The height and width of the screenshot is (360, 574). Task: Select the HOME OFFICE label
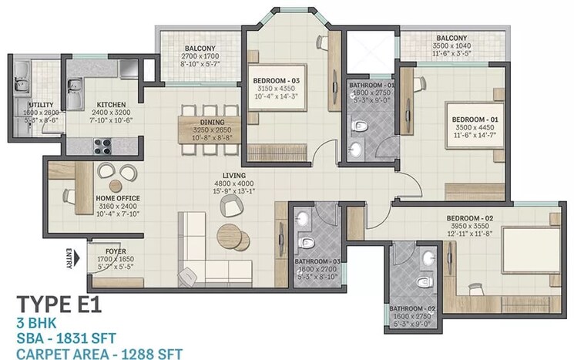point(118,199)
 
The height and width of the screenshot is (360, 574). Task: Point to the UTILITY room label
point(40,104)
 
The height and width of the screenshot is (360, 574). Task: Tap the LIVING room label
point(233,176)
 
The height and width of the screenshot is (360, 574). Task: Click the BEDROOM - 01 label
point(476,119)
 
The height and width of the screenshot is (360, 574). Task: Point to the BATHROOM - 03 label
point(316,261)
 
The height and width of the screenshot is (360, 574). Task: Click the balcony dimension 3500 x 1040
point(452,47)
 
